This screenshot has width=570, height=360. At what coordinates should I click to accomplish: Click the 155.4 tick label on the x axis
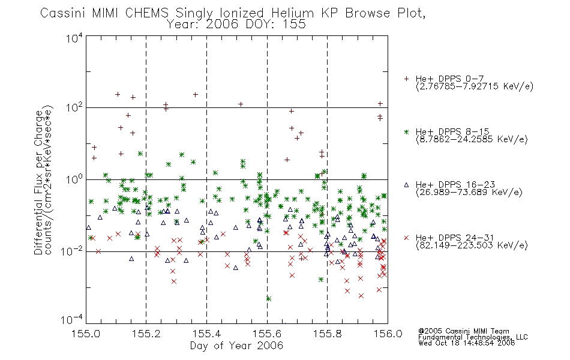(x=206, y=334)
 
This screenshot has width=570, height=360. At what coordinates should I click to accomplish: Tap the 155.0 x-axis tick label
(x=86, y=334)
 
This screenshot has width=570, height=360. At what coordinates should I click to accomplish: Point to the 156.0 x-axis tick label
(x=388, y=334)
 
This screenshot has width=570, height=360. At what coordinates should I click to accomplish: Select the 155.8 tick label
(x=327, y=334)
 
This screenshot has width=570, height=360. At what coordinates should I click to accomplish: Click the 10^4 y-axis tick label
(x=74, y=38)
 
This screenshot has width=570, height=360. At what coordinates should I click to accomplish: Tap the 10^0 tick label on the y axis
(x=74, y=179)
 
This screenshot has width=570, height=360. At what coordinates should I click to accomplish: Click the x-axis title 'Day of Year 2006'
(x=236, y=346)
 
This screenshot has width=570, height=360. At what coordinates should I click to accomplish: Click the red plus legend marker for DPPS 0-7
(x=406, y=79)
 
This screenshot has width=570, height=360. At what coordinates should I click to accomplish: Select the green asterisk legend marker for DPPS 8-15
(x=406, y=131)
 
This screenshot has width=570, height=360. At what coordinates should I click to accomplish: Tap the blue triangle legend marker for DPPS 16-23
(x=406, y=185)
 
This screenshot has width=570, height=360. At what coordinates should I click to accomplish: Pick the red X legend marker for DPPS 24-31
(x=406, y=238)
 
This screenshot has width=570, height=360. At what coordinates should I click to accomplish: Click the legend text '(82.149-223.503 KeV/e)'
(x=472, y=245)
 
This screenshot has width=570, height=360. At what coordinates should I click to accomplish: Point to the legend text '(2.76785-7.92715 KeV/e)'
(x=475, y=86)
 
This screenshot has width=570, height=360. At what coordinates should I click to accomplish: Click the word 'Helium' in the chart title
(x=293, y=13)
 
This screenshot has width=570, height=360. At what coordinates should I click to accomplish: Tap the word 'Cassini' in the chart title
(x=62, y=13)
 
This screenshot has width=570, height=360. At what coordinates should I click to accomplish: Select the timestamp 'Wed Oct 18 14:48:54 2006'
(x=466, y=343)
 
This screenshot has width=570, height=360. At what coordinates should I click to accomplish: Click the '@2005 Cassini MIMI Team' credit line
(x=464, y=331)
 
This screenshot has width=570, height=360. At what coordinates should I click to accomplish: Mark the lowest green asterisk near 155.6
(x=269, y=299)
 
